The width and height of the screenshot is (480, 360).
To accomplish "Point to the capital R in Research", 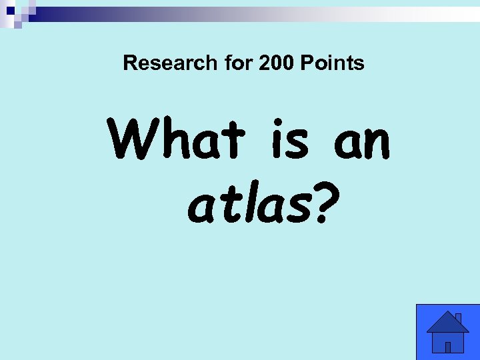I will tap(130, 63).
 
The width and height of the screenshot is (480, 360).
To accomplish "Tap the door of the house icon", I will tap(448, 347).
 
